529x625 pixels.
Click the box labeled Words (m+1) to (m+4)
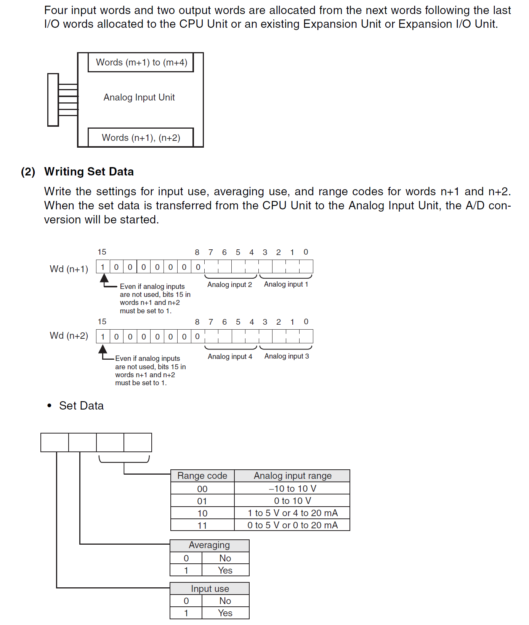(141, 62)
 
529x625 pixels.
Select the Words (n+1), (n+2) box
(141, 138)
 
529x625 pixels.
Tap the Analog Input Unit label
(139, 97)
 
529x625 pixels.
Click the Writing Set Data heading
(89, 172)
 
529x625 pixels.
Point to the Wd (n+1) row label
(69, 269)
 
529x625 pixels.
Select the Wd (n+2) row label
(69, 336)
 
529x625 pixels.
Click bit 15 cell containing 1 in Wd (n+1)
(103, 267)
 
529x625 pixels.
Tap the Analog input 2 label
(229, 285)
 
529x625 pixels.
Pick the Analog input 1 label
(286, 284)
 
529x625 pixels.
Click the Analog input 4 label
(230, 357)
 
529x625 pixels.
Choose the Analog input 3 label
(287, 356)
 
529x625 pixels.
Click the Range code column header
(202, 476)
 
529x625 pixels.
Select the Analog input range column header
(292, 476)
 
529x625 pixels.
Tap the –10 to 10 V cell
(292, 489)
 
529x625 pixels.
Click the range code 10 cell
(202, 513)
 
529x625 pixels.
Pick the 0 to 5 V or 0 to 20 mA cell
(292, 525)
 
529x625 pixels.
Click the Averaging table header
(209, 545)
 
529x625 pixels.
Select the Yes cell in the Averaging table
(225, 571)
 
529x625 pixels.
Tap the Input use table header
(210, 589)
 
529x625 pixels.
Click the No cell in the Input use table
(225, 601)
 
